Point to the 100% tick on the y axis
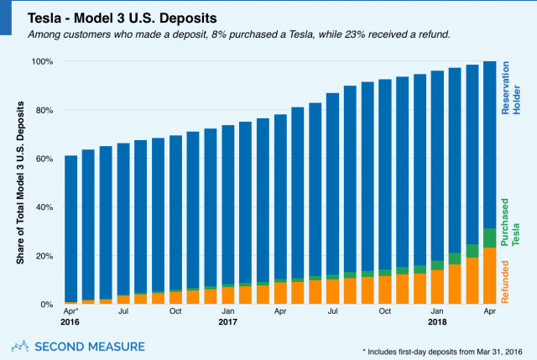44,61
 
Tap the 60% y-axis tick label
46,159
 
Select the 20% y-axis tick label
46,256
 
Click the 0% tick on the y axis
49,305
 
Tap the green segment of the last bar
489,237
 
